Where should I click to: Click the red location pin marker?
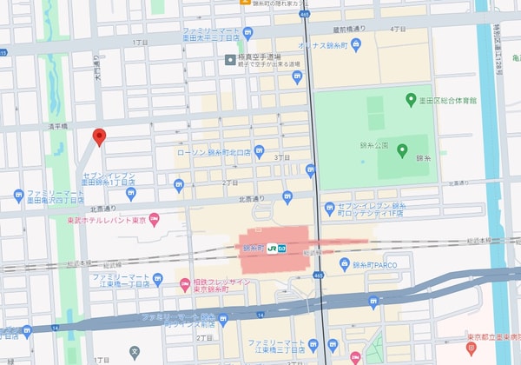pos(99,136)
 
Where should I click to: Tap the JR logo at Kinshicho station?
pos(273,248)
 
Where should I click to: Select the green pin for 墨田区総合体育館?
pos(411,100)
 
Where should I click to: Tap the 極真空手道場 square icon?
pos(229,60)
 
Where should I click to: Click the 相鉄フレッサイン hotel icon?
pos(183,284)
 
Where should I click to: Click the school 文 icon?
pos(135,353)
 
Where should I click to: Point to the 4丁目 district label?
pos(399,29)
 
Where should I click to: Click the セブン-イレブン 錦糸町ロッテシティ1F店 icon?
pos(329,208)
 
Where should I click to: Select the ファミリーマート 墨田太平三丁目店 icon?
pos(247,33)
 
